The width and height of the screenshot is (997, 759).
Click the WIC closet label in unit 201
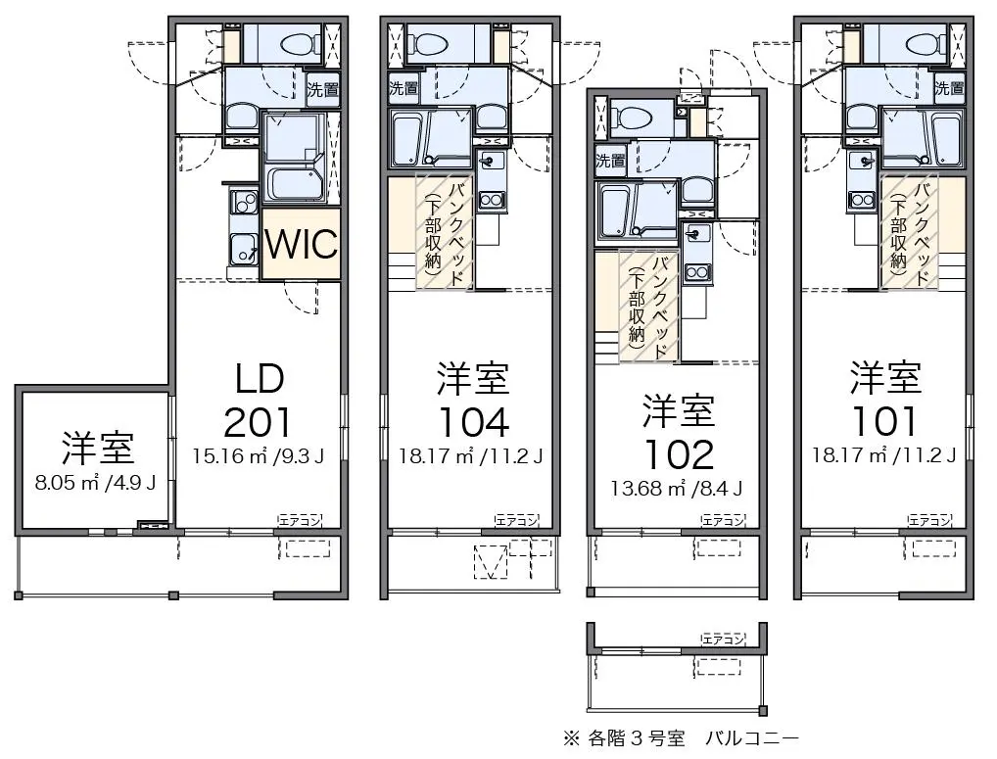[x=302, y=243]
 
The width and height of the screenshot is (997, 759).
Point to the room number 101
[x=885, y=422]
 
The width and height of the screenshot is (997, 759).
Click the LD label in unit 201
[x=260, y=379]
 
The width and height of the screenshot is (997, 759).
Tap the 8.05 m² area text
[x=65, y=483]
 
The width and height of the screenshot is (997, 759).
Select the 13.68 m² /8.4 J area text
[x=677, y=488]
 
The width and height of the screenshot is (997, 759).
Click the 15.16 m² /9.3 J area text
[x=259, y=455]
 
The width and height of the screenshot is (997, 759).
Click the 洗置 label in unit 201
[x=322, y=90]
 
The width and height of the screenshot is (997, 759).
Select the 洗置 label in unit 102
[x=610, y=161]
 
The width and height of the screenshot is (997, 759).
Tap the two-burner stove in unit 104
[x=491, y=200]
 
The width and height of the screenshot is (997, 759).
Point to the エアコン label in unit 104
[x=516, y=521]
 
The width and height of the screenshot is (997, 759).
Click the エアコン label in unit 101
[x=929, y=521]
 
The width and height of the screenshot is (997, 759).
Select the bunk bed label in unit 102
[x=649, y=308]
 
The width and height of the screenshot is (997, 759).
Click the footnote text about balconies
[x=681, y=738]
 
